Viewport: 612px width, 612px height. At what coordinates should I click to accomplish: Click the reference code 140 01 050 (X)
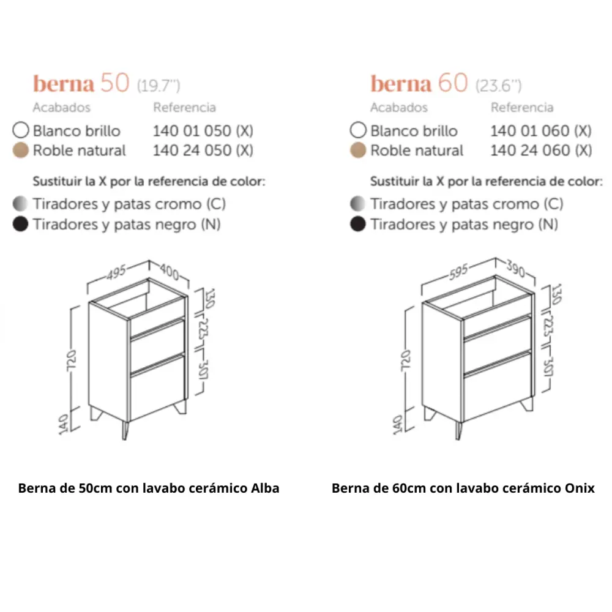pos(203,131)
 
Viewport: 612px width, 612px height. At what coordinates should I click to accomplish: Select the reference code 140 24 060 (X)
pos(541,151)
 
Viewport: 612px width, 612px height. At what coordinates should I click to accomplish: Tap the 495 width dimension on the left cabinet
pos(116,272)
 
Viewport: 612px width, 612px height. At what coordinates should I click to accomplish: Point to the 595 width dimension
pos(458,272)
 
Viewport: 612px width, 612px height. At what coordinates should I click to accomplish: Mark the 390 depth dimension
pos(515,268)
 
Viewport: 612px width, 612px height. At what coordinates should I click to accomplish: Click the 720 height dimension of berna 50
pos(72,360)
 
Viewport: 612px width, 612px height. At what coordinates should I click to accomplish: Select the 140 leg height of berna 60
pos(397,424)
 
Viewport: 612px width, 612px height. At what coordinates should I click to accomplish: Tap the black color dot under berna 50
pos(20,224)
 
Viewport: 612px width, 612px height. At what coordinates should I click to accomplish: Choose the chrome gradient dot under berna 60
pos(358,203)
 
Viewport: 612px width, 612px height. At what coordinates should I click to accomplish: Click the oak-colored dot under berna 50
pos(20,151)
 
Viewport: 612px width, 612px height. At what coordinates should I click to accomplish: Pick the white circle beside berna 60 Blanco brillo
pos(358,130)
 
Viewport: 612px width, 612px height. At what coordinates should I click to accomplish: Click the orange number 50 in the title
pos(115,83)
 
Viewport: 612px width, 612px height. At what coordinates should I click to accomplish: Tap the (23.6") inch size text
pos(498,86)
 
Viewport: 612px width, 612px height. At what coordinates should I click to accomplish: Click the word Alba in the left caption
pos(265,488)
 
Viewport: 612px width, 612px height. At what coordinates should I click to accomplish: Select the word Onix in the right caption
pos(580,488)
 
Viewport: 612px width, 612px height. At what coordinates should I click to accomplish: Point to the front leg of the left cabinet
pos(125,430)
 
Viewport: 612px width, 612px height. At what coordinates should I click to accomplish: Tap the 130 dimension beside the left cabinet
pos(210,298)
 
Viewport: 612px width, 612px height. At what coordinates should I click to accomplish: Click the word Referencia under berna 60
pos(522,107)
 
